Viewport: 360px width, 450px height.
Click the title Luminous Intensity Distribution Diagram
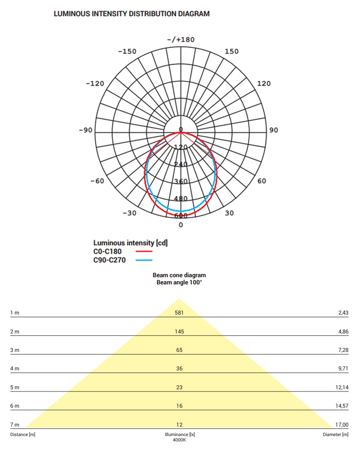click(131, 14)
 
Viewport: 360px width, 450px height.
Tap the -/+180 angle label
click(181, 40)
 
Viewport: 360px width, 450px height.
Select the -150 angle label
click(127, 51)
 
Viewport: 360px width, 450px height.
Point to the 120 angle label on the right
click(264, 83)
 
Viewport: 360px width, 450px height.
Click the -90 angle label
click(85, 130)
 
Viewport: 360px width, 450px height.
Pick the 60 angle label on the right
click(261, 181)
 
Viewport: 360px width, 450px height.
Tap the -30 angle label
click(129, 213)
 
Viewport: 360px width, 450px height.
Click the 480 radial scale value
click(181, 199)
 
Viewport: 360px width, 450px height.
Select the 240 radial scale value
click(181, 165)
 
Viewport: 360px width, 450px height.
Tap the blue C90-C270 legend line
click(144, 260)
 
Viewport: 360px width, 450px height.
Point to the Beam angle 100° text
click(179, 283)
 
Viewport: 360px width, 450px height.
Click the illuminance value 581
click(179, 312)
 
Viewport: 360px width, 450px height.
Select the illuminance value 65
click(179, 350)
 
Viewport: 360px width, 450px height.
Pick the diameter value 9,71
click(342, 369)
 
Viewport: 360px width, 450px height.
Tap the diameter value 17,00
click(342, 425)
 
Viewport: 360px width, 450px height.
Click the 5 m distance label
click(15, 387)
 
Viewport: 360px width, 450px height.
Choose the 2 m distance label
click(15, 331)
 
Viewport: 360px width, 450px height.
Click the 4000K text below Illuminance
click(179, 440)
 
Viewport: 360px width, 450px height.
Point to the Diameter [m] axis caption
click(335, 435)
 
